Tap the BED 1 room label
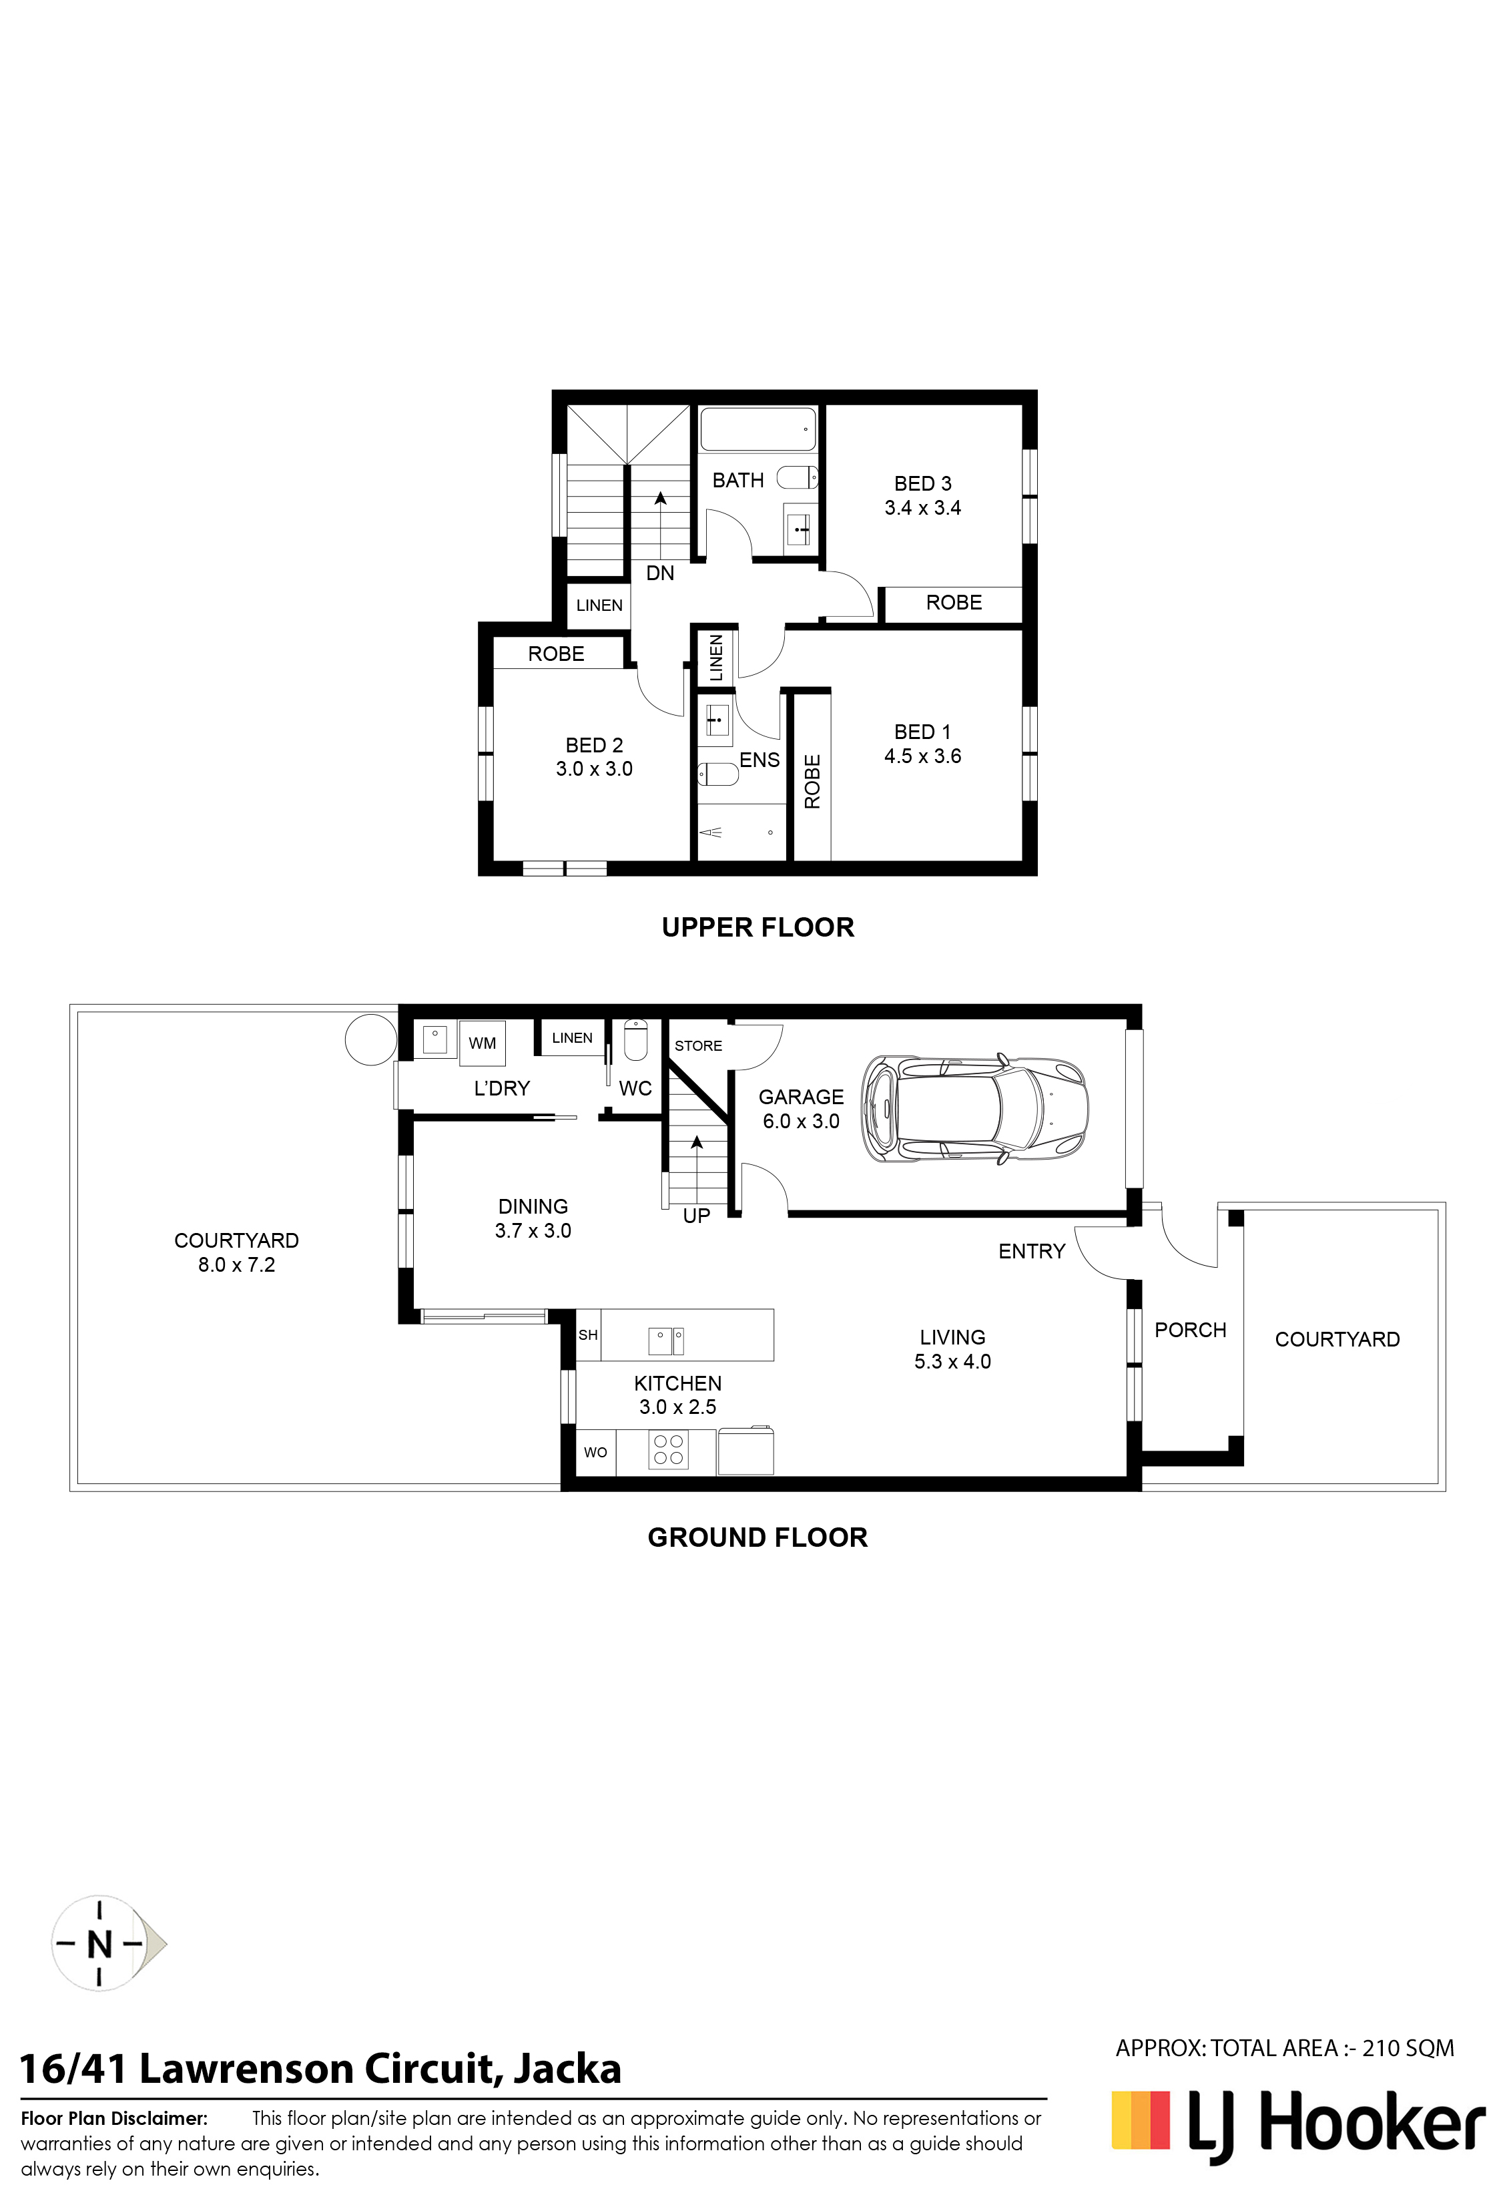(922, 732)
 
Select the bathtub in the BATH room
(758, 429)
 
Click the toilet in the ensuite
(717, 774)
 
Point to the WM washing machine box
(481, 1043)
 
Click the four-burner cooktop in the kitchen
(668, 1449)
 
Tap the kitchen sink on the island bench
(666, 1340)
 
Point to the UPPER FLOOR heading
(758, 927)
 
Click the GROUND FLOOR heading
(758, 1537)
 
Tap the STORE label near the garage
(699, 1045)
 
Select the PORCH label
(1191, 1330)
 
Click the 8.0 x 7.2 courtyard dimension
(236, 1264)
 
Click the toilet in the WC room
(635, 1040)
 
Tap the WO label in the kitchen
(595, 1452)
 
